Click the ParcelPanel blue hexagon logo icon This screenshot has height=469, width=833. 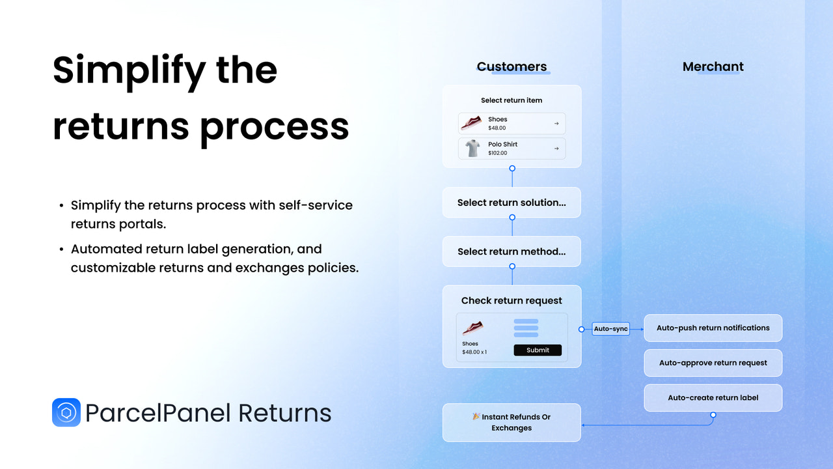[66, 412]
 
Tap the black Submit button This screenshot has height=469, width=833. [538, 350]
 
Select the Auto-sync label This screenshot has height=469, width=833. [610, 329]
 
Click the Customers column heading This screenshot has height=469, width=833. [512, 66]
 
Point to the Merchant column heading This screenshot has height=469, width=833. [713, 66]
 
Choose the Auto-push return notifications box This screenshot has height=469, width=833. [713, 328]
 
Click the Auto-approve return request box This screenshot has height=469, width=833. [713, 363]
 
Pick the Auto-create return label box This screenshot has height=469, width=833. [713, 398]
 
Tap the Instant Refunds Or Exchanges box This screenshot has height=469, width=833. [512, 423]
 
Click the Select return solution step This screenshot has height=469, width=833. [512, 203]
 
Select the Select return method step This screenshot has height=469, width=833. [512, 251]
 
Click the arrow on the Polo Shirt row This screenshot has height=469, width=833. [556, 149]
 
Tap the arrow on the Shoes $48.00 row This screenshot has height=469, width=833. [556, 123]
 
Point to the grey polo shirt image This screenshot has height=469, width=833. [472, 149]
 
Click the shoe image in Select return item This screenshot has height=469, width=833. [471, 122]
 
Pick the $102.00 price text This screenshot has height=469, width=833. [497, 153]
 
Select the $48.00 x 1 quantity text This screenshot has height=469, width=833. [474, 352]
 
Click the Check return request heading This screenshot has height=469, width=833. [512, 300]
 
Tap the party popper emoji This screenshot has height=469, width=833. [476, 416]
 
